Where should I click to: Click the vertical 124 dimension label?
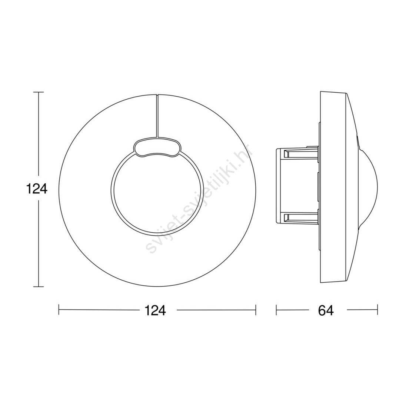[37, 189]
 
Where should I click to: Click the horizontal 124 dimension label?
[155, 310]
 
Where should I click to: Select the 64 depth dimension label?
[325, 310]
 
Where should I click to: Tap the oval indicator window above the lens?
[158, 147]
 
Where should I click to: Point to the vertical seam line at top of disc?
[157, 116]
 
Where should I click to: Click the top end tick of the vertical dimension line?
[39, 92]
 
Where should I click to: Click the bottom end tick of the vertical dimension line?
[39, 286]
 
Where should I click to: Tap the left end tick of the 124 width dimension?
[59, 310]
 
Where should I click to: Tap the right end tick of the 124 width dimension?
[256, 310]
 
